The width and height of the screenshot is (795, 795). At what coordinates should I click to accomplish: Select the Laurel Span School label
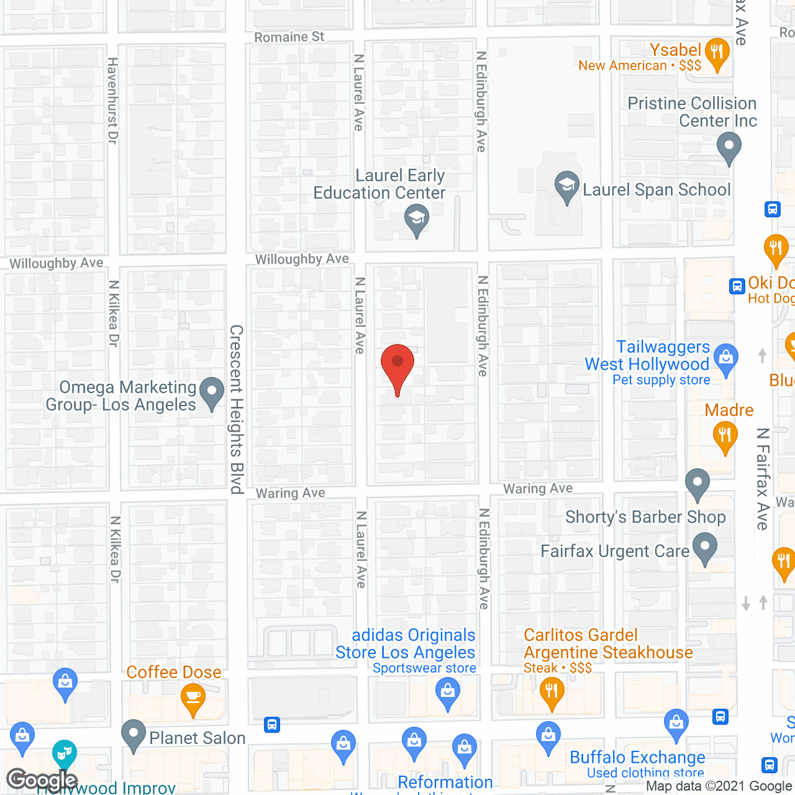pyautogui.click(x=656, y=189)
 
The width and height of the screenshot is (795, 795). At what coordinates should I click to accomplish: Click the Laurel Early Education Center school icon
pyautogui.click(x=417, y=219)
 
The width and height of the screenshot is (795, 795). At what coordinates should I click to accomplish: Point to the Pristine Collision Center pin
pyautogui.click(x=729, y=148)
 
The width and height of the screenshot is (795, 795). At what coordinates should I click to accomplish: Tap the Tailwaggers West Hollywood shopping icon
pyautogui.click(x=725, y=358)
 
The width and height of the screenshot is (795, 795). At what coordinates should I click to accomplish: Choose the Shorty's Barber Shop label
pyautogui.click(x=645, y=517)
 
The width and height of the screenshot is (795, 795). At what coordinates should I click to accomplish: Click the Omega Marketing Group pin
pyautogui.click(x=212, y=393)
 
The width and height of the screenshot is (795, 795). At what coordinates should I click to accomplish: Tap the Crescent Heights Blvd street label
pyautogui.click(x=237, y=409)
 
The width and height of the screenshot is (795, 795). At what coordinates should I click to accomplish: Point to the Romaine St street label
pyautogui.click(x=289, y=37)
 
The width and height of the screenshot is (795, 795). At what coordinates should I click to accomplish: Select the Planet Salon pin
pyautogui.click(x=134, y=735)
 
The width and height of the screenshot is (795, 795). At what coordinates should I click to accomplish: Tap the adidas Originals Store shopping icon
pyautogui.click(x=447, y=691)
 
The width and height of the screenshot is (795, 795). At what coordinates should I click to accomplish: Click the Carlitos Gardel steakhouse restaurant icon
pyautogui.click(x=551, y=692)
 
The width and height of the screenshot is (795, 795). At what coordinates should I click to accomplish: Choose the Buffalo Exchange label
pyautogui.click(x=637, y=757)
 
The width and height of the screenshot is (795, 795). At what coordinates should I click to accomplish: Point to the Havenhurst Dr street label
pyautogui.click(x=112, y=101)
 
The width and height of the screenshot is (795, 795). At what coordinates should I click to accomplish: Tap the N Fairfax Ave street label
pyautogui.click(x=763, y=478)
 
